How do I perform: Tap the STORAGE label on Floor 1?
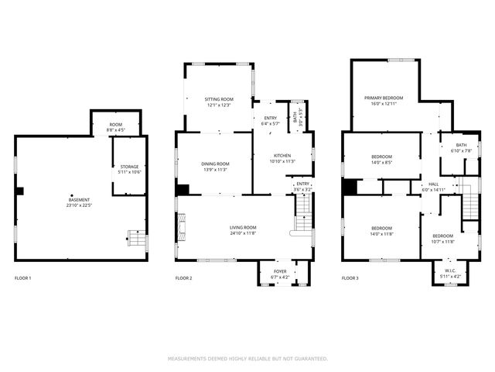point(129,167)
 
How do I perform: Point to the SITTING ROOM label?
point(218,100)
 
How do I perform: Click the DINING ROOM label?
point(216,164)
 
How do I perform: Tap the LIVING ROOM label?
point(243,227)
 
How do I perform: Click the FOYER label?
point(279,271)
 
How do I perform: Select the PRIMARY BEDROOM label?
point(384,98)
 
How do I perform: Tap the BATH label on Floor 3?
point(461,145)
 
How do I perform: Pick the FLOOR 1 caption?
point(23,277)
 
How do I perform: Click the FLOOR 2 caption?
point(184,277)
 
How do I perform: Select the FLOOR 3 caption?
point(350,277)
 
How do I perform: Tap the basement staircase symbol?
point(135,238)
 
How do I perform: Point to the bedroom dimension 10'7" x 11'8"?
point(442,241)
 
